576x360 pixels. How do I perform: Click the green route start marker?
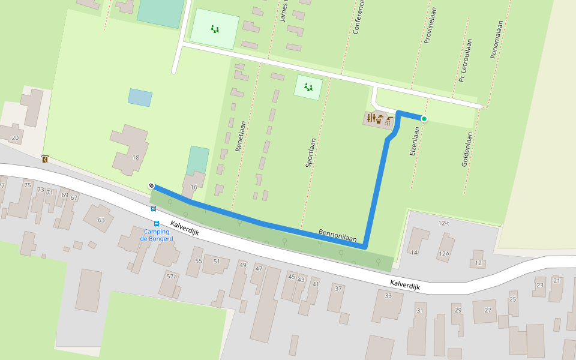(x=424, y=119)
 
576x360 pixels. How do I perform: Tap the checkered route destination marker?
(x=152, y=186)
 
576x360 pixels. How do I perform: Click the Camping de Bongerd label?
(x=156, y=235)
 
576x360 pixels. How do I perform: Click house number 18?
(x=136, y=157)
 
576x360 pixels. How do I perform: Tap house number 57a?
(x=172, y=276)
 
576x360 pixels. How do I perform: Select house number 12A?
(x=444, y=253)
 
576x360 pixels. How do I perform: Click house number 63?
(x=101, y=220)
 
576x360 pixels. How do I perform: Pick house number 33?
(x=388, y=295)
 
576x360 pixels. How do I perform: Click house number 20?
(x=15, y=138)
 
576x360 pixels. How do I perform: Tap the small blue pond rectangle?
(x=140, y=97)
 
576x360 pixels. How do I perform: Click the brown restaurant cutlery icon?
(x=371, y=119)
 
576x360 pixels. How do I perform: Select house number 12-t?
(x=444, y=223)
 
